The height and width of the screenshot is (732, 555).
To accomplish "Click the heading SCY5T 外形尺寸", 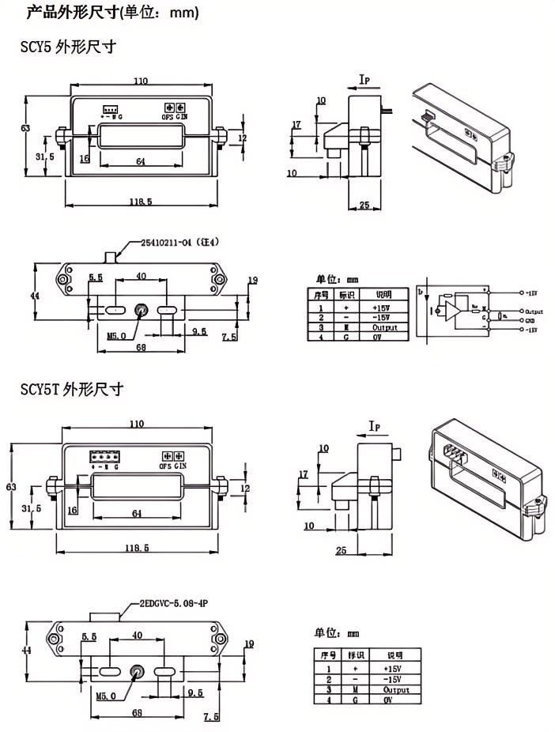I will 72,390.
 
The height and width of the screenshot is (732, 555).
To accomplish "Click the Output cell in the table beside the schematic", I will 383,327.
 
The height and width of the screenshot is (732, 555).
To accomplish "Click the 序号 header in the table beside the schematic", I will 321,294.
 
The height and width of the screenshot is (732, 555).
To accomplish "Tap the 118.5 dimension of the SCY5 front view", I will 140,202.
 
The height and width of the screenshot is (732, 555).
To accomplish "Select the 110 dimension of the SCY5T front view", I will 138,424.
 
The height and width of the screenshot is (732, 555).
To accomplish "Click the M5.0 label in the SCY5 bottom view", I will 116,335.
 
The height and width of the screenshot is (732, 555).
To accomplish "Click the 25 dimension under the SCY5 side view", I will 364,206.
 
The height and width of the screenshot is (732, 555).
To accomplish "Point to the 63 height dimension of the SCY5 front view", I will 25,129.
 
